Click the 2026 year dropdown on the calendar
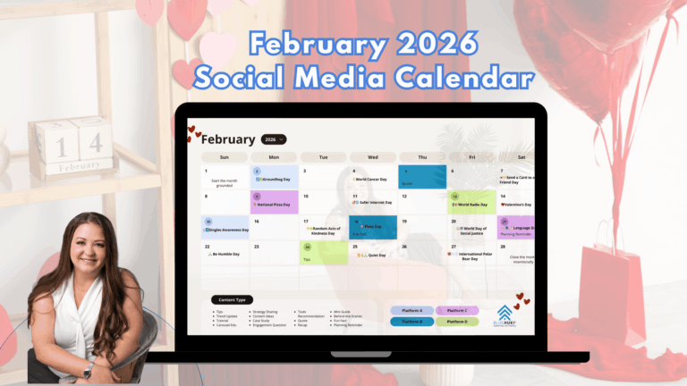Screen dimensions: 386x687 274,139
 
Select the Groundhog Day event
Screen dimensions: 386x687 279,180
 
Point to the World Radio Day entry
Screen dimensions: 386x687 471,205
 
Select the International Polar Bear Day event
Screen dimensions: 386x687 476,256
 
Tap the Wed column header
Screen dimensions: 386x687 372,157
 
